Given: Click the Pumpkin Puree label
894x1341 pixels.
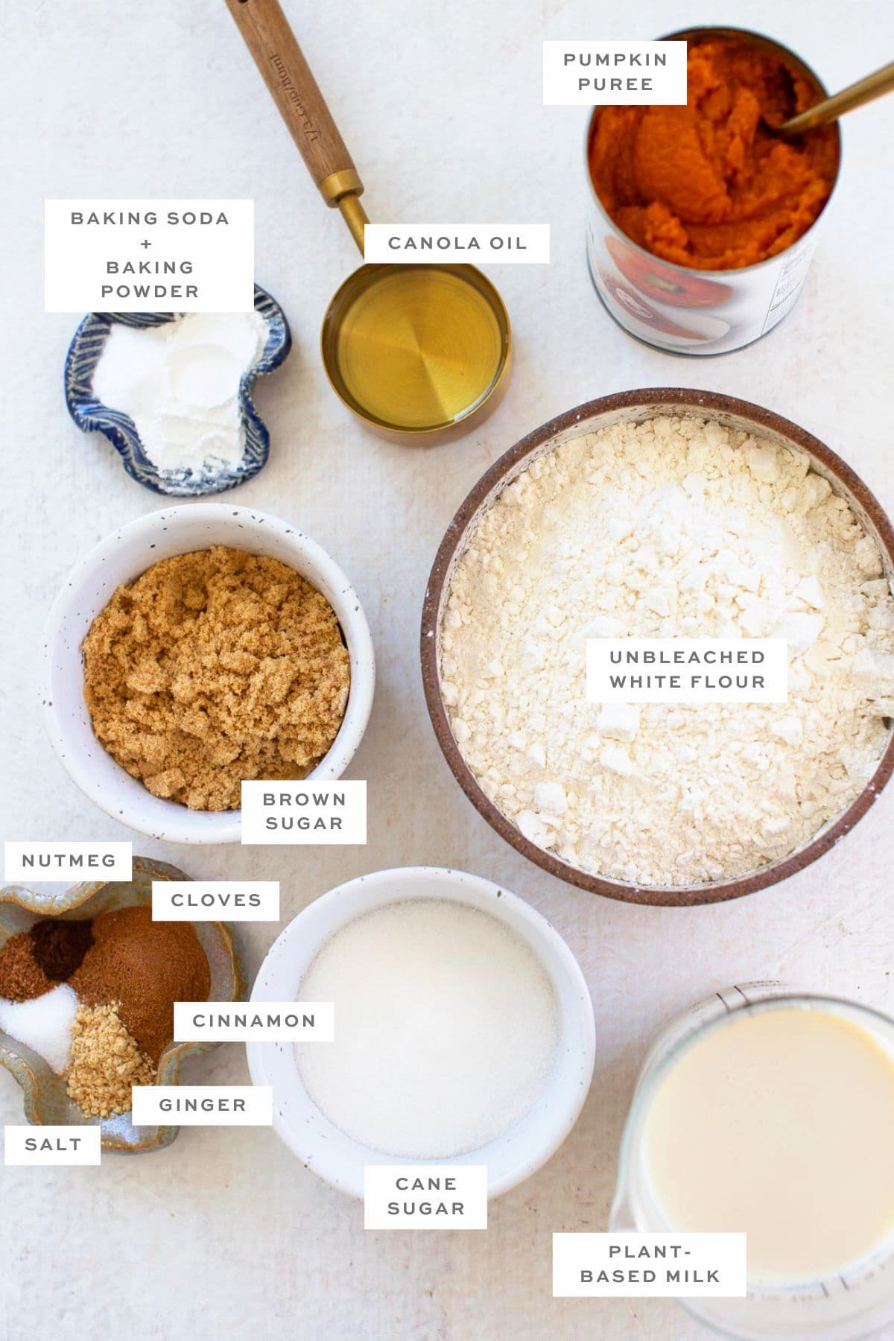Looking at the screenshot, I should tap(615, 72).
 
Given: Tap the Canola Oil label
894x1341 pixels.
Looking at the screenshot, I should tap(457, 243).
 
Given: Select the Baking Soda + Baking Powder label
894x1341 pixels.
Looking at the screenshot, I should tap(149, 255).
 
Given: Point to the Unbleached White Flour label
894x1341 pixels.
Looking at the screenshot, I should tap(686, 669).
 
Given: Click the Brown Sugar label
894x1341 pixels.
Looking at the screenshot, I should tap(303, 811).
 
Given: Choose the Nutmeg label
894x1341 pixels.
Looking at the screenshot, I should tap(69, 861).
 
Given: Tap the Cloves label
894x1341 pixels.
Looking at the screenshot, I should tap(216, 901).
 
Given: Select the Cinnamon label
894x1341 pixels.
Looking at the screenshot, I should tap(253, 1021).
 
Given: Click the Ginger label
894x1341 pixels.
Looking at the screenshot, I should tap(202, 1105).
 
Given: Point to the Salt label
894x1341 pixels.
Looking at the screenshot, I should tap(52, 1144).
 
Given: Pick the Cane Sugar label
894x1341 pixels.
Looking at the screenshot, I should tap(425, 1196).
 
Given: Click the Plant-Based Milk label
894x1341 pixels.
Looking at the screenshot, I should tap(650, 1264).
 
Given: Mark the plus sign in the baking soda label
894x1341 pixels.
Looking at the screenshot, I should tap(147, 243).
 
